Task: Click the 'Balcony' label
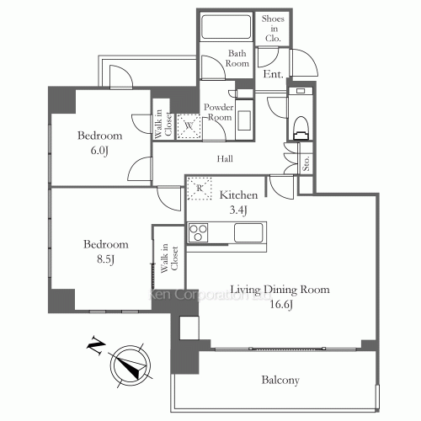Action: click(280, 381)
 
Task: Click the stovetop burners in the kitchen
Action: click(200, 232)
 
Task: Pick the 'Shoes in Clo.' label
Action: click(273, 27)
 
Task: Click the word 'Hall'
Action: click(224, 158)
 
